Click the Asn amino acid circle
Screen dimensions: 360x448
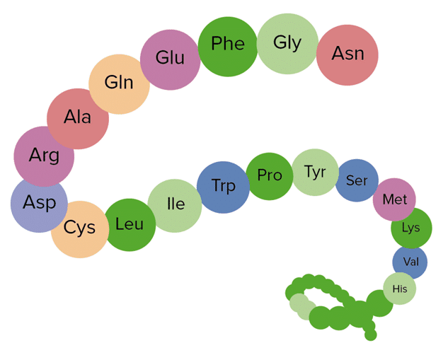point(347,54)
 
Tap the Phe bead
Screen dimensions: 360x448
point(228,45)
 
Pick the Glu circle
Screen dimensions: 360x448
point(170,59)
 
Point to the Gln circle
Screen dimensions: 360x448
point(119,83)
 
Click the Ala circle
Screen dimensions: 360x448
point(78,118)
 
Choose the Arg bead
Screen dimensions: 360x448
point(44,156)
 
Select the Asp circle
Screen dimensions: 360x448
point(39,204)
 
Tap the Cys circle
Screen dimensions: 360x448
point(80,228)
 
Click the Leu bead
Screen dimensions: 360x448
point(130,225)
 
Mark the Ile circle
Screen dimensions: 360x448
point(176,205)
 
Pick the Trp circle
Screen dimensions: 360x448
point(224,187)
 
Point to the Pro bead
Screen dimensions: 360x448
point(270,176)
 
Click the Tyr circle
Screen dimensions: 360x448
point(315,172)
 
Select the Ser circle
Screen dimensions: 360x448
point(357,181)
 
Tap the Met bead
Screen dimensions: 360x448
point(394,200)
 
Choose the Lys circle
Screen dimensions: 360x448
point(411,228)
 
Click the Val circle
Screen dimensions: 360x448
point(410,262)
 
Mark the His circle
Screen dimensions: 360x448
point(400,289)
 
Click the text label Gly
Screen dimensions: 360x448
point(287,42)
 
